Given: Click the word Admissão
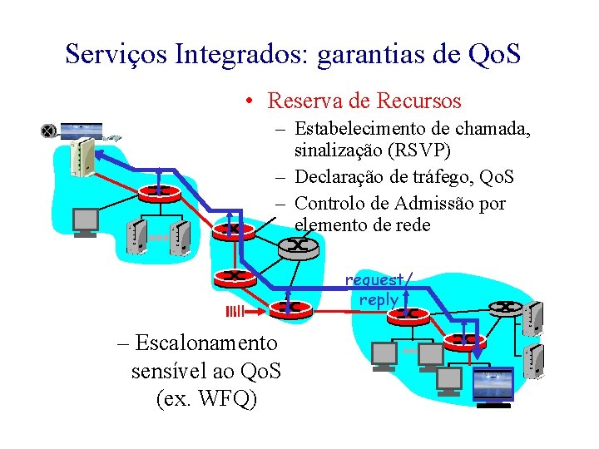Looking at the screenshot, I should pyautogui.click(x=440, y=204).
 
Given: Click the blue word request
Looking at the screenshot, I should pyautogui.click(x=376, y=280).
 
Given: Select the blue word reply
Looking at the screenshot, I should pyautogui.click(x=379, y=299).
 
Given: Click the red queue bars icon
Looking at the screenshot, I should pyautogui.click(x=235, y=312).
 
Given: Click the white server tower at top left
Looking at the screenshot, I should pyautogui.click(x=82, y=157).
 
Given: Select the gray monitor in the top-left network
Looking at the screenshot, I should pyautogui.click(x=86, y=221).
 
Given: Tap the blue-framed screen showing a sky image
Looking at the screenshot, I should pyautogui.click(x=493, y=386).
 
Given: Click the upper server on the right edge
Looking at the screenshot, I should pyautogui.click(x=536, y=316).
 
